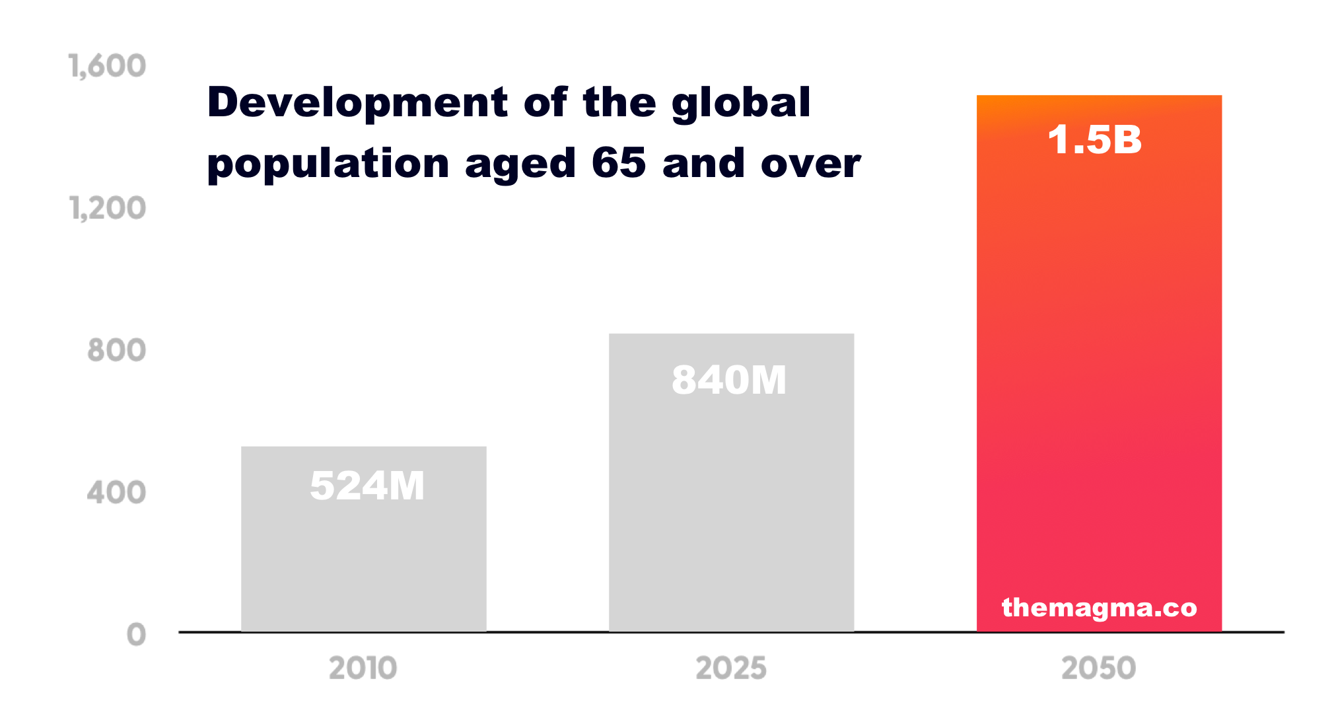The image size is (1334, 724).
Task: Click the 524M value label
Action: pos(367,486)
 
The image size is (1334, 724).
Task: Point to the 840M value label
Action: pos(729,380)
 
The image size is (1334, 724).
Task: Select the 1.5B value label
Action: pos(1095,140)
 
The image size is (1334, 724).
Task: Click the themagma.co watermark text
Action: pos(1099,608)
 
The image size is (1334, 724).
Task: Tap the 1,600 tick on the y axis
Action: pos(108,66)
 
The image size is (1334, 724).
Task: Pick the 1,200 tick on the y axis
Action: pos(108,208)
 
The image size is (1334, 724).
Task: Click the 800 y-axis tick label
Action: pos(116,350)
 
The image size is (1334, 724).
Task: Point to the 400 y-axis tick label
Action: pos(116,493)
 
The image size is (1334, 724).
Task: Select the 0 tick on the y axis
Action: pos(136,635)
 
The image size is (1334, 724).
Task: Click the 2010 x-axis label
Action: pos(363,668)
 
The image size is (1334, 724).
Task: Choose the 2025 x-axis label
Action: pos(731,668)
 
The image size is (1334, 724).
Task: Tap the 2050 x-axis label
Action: pos(1099,668)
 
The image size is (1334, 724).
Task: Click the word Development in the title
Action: pos(357,103)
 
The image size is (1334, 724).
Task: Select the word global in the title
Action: pos(741,104)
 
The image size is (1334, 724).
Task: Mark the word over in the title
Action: pos(810,164)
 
